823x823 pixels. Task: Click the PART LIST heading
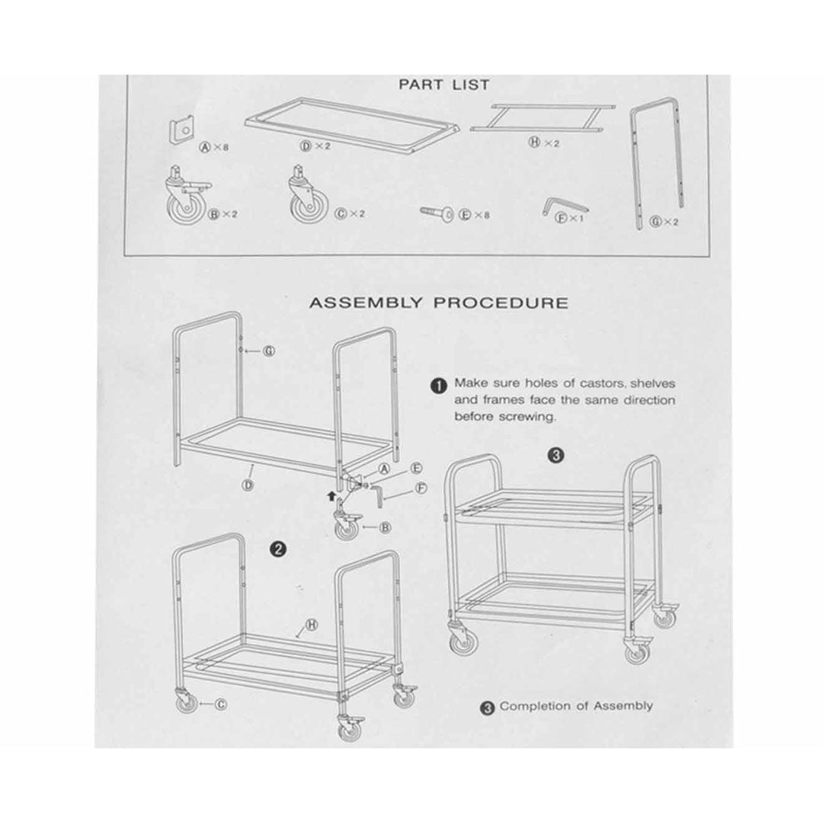pos(444,85)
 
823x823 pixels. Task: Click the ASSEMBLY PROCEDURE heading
pos(439,303)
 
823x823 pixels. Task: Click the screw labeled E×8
pos(437,213)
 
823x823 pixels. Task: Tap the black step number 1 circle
pos(438,386)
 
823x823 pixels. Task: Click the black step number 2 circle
pos(277,549)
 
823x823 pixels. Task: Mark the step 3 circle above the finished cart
pos(556,455)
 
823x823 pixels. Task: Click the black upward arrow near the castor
pos(330,495)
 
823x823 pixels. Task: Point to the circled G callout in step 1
pos(269,351)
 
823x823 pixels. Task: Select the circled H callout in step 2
pos(312,625)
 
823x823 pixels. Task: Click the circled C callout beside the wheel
pos(221,704)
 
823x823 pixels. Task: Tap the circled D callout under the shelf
pos(248,485)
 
